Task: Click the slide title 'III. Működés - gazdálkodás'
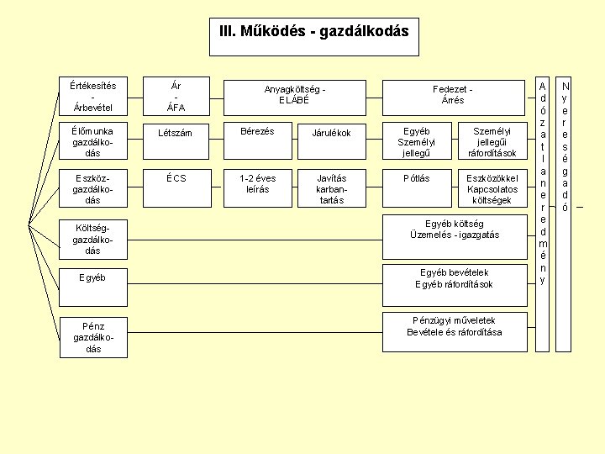pyautogui.click(x=313, y=32)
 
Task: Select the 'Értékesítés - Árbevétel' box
pyautogui.click(x=93, y=97)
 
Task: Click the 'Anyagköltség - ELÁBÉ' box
pyautogui.click(x=294, y=97)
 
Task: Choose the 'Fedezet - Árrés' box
pyautogui.click(x=453, y=97)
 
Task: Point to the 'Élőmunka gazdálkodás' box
pyautogui.click(x=93, y=142)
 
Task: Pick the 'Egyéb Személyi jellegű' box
pyautogui.click(x=416, y=142)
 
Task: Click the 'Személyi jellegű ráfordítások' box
pyautogui.click(x=492, y=142)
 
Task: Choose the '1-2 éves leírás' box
pyautogui.click(x=257, y=189)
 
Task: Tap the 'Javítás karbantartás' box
pyautogui.click(x=331, y=189)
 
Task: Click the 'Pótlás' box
pyautogui.click(x=416, y=189)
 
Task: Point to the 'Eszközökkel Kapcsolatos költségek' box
pyautogui.click(x=492, y=189)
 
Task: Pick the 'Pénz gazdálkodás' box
pyautogui.click(x=93, y=336)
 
